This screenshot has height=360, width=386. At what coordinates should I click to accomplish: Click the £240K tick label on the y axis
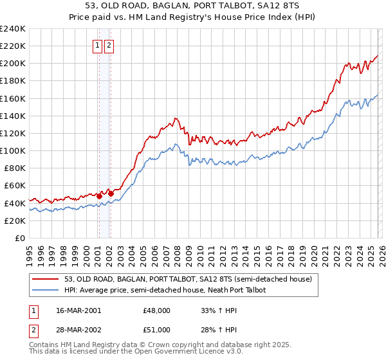click(12, 29)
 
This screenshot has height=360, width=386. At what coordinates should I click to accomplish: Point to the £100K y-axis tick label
click(12, 150)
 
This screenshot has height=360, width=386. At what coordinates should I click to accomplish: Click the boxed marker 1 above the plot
click(98, 46)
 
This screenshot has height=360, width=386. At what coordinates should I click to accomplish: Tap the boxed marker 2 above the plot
click(109, 46)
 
